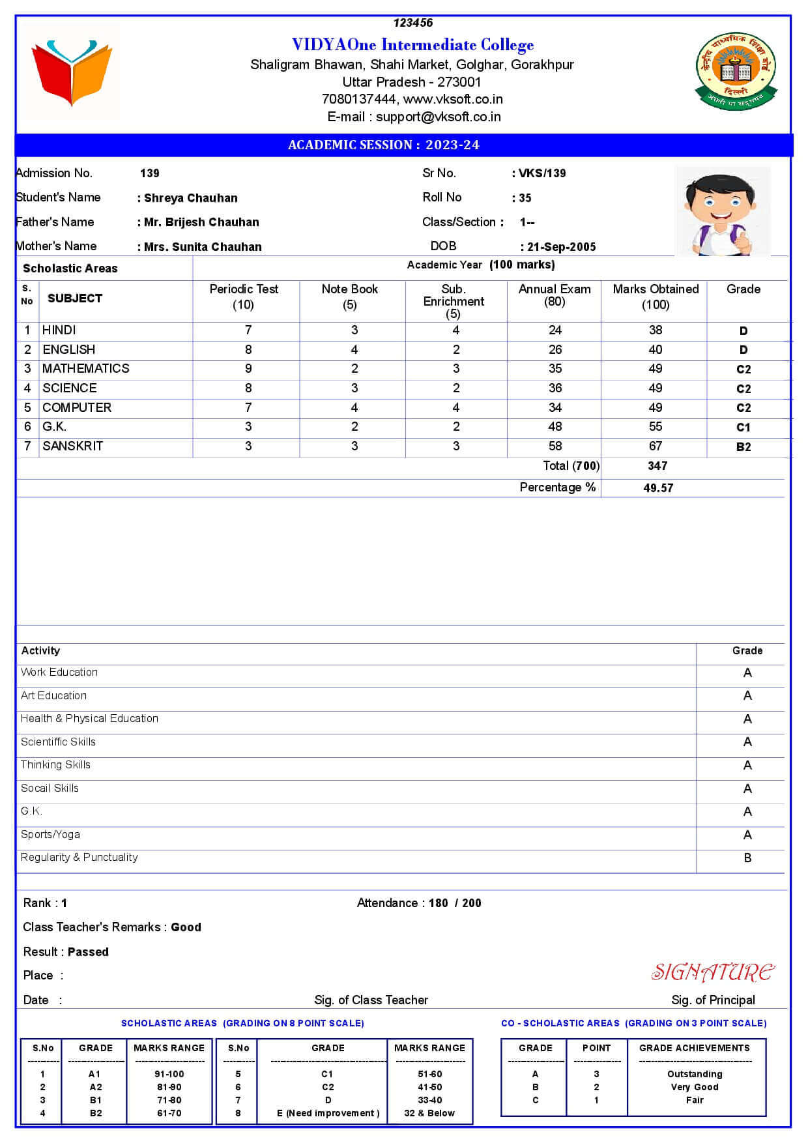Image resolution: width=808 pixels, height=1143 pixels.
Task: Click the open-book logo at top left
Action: [72, 72]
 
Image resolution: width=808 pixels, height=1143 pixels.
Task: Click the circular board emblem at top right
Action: [734, 72]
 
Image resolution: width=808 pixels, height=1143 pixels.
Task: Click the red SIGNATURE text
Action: [713, 972]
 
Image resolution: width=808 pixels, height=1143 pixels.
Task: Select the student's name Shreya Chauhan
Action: [190, 198]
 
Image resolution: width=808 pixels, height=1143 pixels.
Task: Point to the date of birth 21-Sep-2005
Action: [561, 247]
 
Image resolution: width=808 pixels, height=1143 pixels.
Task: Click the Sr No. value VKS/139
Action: [542, 173]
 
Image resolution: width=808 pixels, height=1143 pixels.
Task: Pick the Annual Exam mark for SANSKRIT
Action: [555, 446]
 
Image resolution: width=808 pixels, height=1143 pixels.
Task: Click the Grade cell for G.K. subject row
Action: [743, 427]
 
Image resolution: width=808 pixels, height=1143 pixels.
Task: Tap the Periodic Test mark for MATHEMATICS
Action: [248, 369]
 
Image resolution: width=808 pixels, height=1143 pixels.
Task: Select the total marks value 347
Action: [657, 466]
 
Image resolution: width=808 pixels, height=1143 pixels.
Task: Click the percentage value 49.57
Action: [658, 488]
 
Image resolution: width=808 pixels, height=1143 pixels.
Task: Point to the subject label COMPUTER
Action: [77, 408]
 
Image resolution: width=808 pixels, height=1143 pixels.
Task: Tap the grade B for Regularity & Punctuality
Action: [747, 858]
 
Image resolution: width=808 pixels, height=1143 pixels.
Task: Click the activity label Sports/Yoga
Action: [50, 835]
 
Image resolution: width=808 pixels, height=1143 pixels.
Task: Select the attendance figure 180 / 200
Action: [455, 903]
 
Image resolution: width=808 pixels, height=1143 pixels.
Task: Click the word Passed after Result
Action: [88, 952]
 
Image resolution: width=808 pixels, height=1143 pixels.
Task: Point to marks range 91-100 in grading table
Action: [169, 1074]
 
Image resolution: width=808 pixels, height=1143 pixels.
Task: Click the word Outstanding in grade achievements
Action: [695, 1074]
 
